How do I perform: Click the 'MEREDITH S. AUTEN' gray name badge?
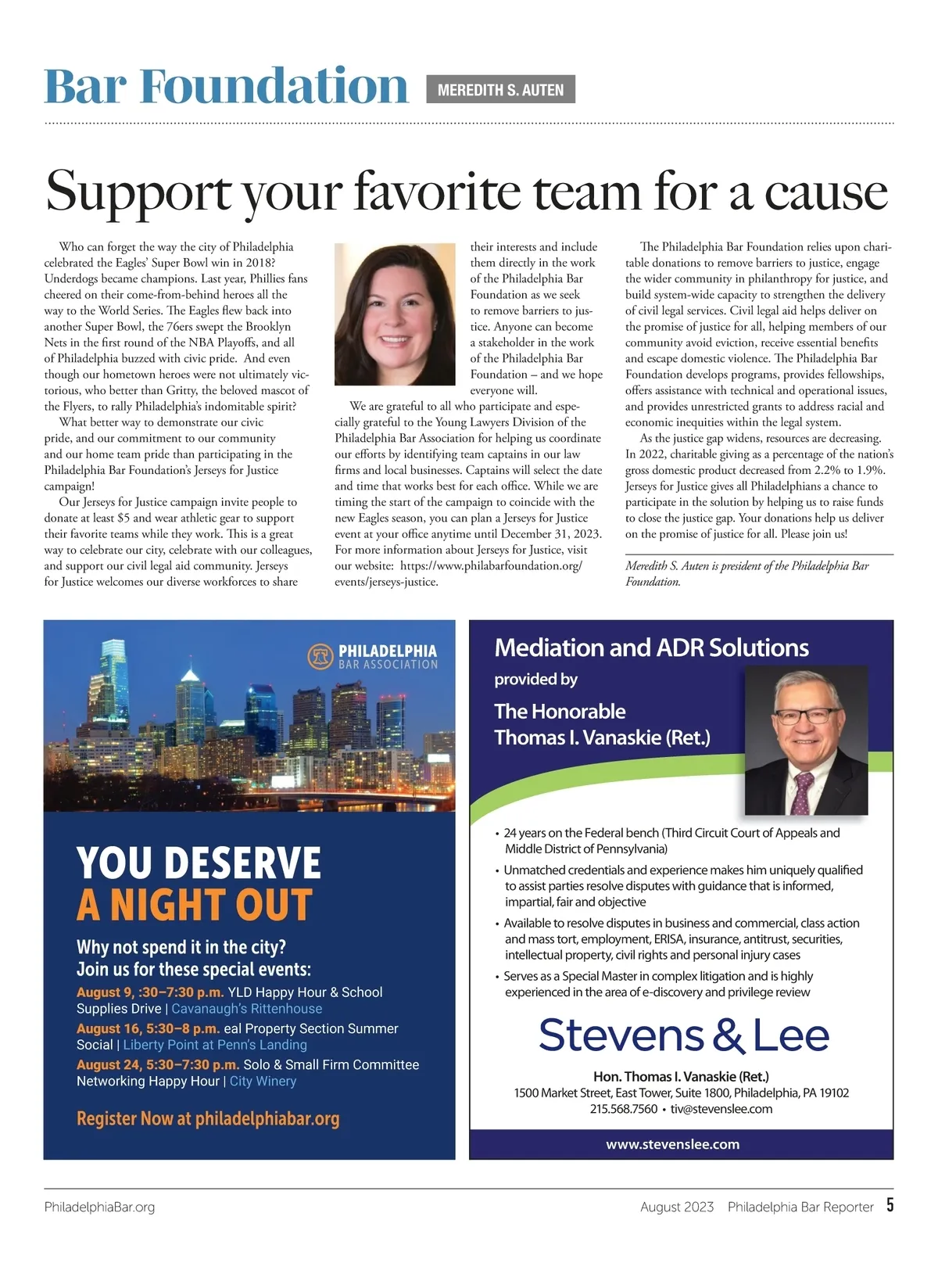[x=500, y=90]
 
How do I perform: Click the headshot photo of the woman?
[x=395, y=314]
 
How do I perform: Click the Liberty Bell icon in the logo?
[x=320, y=656]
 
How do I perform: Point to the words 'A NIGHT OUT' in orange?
[x=195, y=906]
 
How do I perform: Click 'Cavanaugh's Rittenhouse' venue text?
[x=247, y=1009]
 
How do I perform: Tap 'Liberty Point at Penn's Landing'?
[x=215, y=1045]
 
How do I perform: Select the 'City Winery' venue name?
[x=263, y=1081]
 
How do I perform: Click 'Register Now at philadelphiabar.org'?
[x=208, y=1118]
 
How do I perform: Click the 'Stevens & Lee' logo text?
[x=683, y=1035]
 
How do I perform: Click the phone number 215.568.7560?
[x=623, y=1109]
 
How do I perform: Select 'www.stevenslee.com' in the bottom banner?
[x=672, y=1144]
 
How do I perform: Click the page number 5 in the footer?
[x=890, y=1205]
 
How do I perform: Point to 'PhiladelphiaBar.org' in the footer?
[x=99, y=1207]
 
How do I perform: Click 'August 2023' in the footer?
[x=677, y=1207]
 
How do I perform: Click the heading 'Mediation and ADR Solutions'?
[x=652, y=648]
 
